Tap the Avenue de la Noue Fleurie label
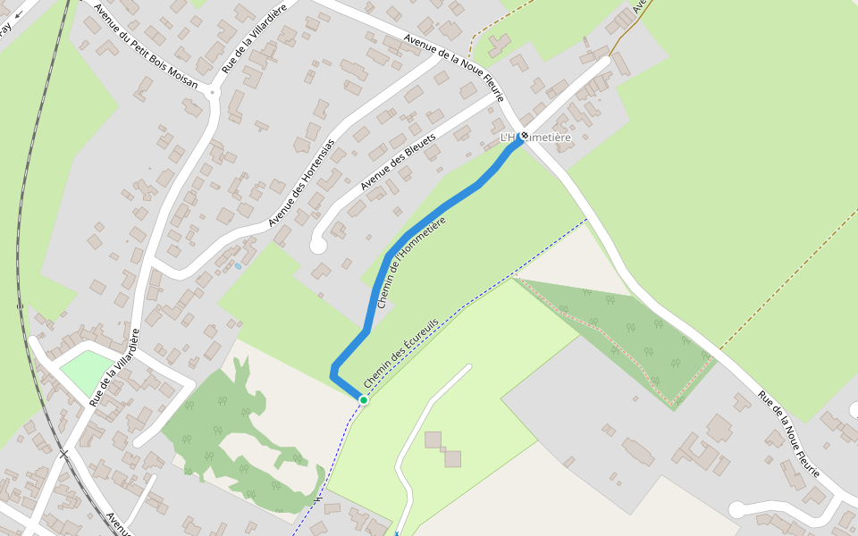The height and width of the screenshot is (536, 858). (x=454, y=68)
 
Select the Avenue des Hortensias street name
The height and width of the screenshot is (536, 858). (x=301, y=182)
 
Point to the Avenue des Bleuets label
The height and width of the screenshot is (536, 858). (x=398, y=162)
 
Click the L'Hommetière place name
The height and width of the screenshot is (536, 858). (x=541, y=137)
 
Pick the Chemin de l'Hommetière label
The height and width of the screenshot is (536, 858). (x=411, y=262)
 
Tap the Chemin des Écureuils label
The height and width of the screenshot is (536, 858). (x=401, y=352)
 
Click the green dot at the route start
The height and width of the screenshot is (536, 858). (x=364, y=399)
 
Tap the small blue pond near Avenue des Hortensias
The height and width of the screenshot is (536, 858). (x=239, y=266)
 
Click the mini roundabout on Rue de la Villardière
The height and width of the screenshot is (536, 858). (x=212, y=91)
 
